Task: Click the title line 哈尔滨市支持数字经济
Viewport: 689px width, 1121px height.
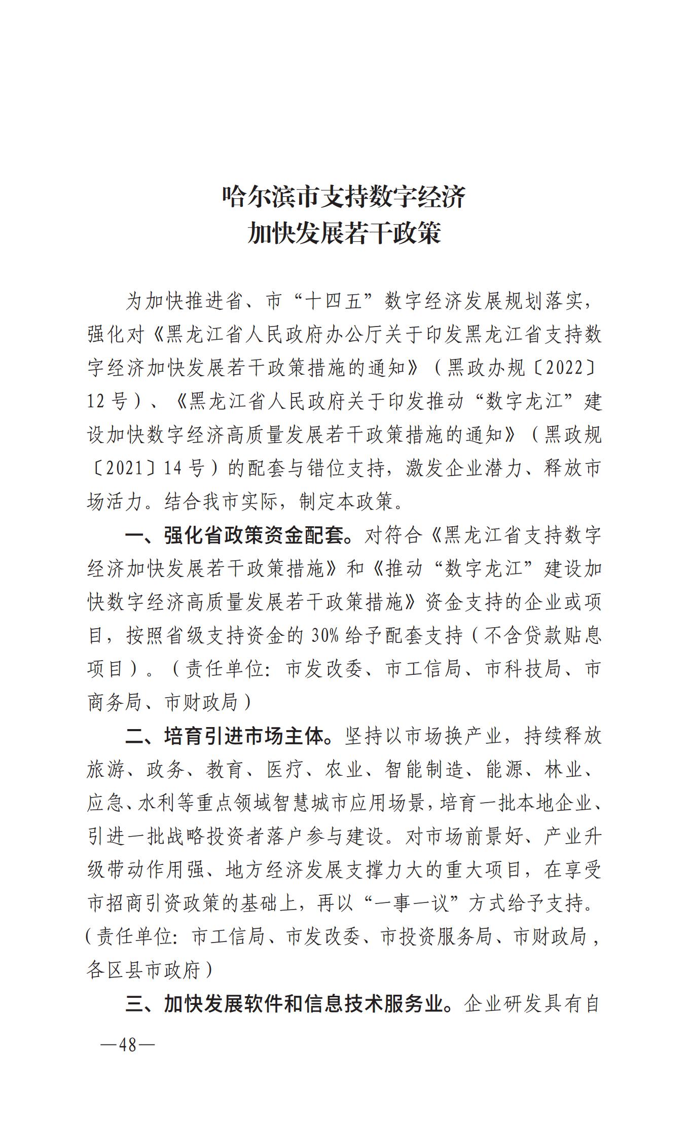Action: coord(344,197)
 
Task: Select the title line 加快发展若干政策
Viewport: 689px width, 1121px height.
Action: coord(344,234)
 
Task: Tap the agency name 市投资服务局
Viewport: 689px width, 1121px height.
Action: coord(437,936)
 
